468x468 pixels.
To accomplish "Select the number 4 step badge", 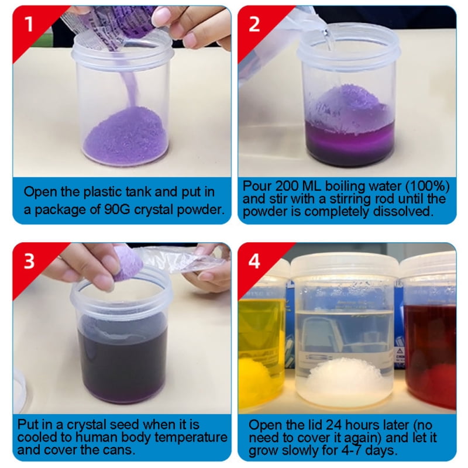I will (253, 260).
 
